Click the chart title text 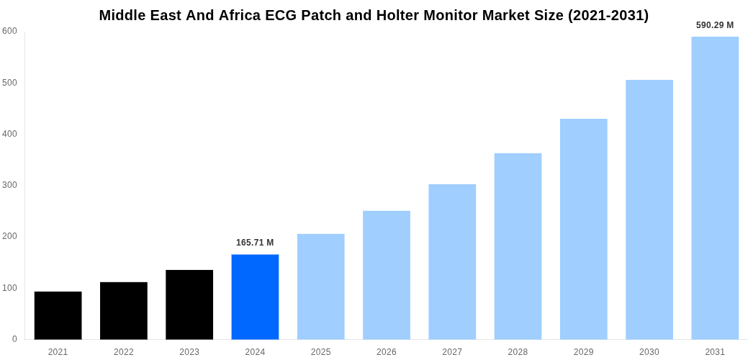click(x=374, y=15)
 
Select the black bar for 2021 click(x=58, y=315)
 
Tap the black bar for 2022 click(x=124, y=310)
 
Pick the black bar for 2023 click(x=189, y=305)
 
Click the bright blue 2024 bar click(x=255, y=297)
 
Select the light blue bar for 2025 click(x=320, y=287)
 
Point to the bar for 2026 click(x=387, y=275)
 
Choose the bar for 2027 click(x=452, y=261)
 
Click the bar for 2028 click(x=518, y=246)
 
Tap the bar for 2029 click(x=583, y=229)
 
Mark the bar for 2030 click(x=649, y=210)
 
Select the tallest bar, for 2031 click(x=715, y=188)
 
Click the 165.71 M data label click(x=255, y=243)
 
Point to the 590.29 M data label click(x=715, y=25)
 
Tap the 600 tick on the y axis click(x=9, y=31)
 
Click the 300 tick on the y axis click(x=9, y=185)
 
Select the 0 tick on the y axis click(x=14, y=339)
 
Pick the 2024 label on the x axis click(x=255, y=352)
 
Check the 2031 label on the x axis click(x=715, y=352)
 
